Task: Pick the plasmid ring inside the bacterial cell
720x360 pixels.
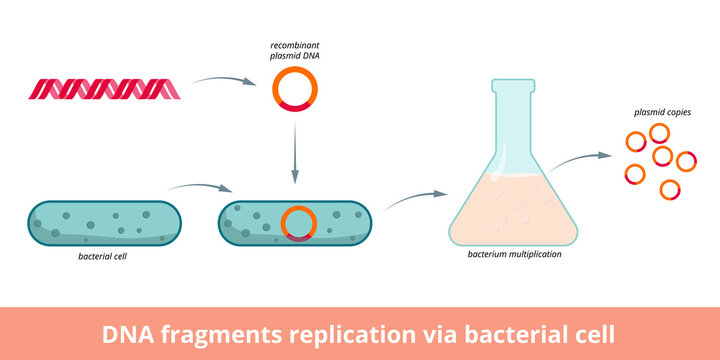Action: coord(297,223)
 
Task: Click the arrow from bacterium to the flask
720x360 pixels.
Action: coord(415,199)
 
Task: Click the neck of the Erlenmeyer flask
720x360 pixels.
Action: coord(514,110)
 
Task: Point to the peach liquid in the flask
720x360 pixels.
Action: coord(514,215)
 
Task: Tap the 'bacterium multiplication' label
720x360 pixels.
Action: coord(514,255)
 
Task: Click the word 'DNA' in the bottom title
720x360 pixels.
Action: coord(129,333)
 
